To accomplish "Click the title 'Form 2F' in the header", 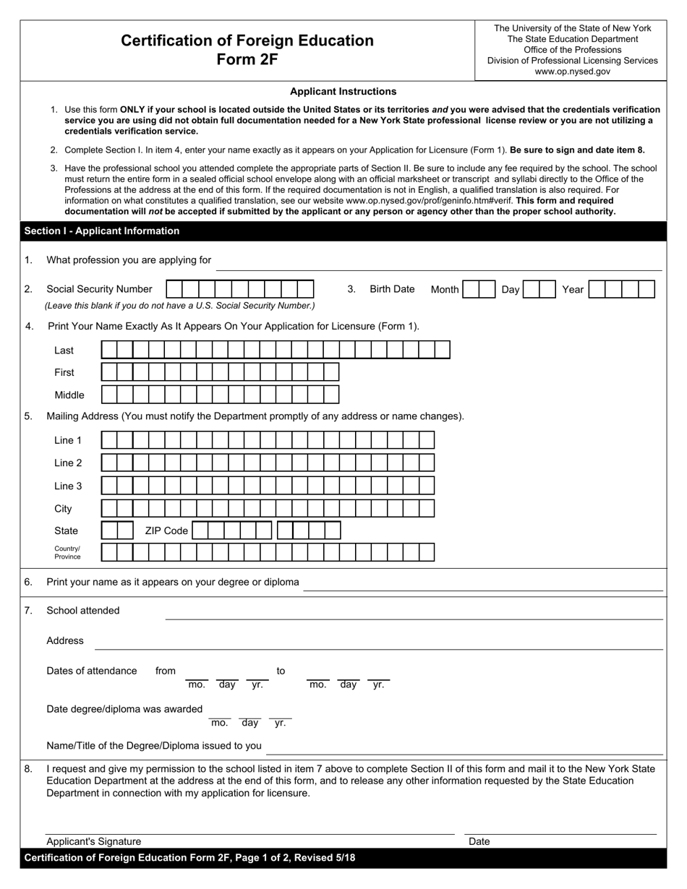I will pos(247,59).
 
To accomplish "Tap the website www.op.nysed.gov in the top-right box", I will pos(572,72).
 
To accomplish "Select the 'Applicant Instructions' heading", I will pos(343,91).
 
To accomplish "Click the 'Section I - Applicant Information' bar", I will pos(102,231).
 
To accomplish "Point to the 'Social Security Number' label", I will pos(99,289).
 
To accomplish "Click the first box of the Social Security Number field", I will pos(174,289).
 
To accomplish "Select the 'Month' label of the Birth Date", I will pos(445,290).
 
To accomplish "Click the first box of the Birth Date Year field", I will pos(596,290).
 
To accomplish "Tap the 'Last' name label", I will pos(64,351).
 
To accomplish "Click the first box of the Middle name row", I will pos(109,395).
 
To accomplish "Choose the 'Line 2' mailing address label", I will pos(68,463).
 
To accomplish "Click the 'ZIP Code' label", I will pos(166,531).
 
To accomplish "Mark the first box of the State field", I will pos(109,531).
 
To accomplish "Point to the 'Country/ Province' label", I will pos(67,553).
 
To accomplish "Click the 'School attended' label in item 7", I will pos(83,611).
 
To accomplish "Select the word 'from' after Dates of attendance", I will pos(166,671).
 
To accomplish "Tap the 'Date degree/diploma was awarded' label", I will pos(124,709).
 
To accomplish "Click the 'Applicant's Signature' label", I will pos(94,841).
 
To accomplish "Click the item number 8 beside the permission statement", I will pos(28,769).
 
